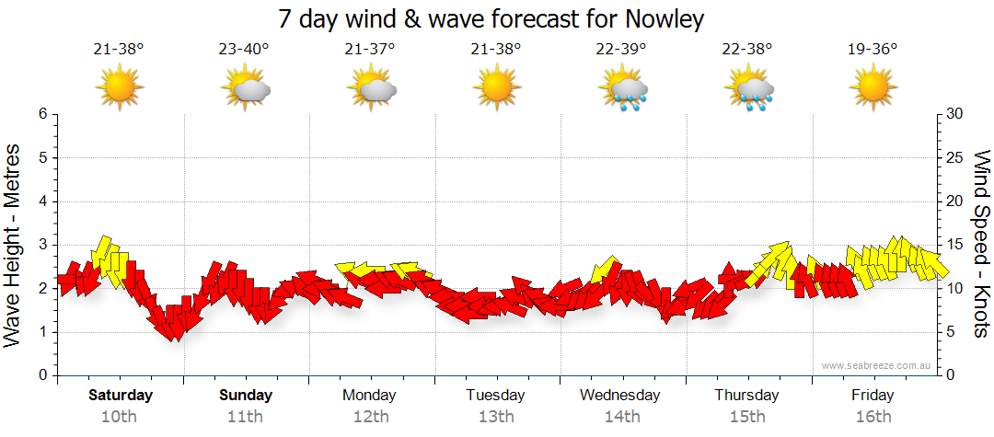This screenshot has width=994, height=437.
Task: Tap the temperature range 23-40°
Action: pos(244,50)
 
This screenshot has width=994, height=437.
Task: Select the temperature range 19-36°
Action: pos(873,50)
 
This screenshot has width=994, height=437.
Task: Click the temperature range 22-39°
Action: pos(621,50)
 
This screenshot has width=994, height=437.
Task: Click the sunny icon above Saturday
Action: pos(120,88)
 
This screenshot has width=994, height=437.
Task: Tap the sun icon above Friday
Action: pos(873,88)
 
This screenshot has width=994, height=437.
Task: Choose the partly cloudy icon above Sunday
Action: pos(245,89)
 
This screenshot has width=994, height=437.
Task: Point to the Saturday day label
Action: pos(120,396)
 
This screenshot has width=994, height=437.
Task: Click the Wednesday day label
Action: pos(620,396)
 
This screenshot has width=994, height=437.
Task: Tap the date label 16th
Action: pos(873,417)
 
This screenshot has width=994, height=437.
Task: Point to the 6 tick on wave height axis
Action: pos(42,114)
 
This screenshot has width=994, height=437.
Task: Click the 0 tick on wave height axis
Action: pos(42,375)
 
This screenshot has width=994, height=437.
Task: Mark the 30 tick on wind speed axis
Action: pos(955,114)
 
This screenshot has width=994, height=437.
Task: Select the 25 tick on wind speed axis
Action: pos(955,157)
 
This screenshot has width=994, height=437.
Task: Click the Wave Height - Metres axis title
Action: pos(15,245)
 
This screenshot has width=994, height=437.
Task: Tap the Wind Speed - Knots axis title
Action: pos(981,245)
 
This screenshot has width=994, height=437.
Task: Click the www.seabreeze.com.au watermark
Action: pos(878,366)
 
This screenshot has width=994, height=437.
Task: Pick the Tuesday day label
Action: pos(495,396)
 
